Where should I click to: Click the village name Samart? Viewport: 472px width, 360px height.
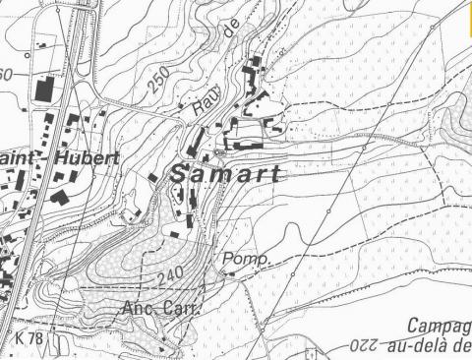[226, 174]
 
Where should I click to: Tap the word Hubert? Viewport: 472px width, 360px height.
[88, 157]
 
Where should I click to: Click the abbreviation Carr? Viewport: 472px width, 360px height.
[182, 309]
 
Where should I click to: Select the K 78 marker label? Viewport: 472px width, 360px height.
[30, 336]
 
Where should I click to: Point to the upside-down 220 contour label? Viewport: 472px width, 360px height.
[368, 347]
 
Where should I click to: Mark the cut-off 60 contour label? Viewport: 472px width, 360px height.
[6, 76]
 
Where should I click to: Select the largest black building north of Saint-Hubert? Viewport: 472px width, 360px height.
[43, 89]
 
